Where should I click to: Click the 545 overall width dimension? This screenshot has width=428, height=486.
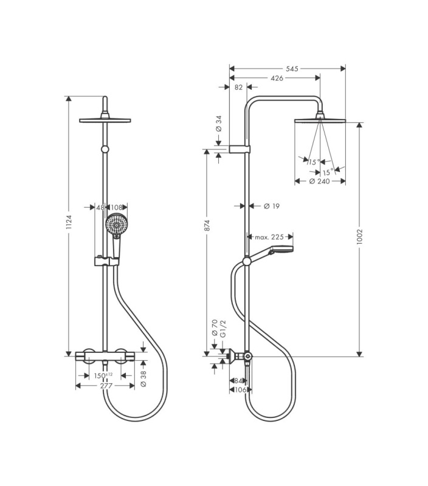[x=292, y=69]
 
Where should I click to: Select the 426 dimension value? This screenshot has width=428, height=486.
[x=277, y=78]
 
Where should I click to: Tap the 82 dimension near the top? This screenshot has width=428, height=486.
[x=238, y=87]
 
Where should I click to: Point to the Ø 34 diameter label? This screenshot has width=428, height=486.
[x=219, y=124]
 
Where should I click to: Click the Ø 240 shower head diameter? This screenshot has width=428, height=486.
[x=319, y=181]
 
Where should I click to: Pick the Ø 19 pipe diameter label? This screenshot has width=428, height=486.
[x=272, y=206]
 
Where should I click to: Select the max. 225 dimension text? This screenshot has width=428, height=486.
[x=269, y=237]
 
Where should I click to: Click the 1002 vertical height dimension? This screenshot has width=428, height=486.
[x=359, y=236]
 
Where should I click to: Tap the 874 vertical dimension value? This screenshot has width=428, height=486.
[x=207, y=225]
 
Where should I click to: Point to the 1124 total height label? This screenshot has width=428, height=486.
[x=69, y=222]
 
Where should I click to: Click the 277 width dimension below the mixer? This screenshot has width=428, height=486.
[x=106, y=386]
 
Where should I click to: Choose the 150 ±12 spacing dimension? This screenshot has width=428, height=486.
[x=103, y=375]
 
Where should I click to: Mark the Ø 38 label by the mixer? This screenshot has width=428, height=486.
[x=143, y=379]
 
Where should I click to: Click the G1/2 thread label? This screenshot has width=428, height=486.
[x=223, y=329]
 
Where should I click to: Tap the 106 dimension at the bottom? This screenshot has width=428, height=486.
[x=240, y=389]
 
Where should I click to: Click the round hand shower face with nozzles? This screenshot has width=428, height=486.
[x=116, y=224]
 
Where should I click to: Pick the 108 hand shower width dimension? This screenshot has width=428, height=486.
[x=117, y=207]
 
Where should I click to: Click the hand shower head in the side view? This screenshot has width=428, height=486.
[x=281, y=250]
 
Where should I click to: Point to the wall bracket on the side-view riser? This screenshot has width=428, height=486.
[x=240, y=149]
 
